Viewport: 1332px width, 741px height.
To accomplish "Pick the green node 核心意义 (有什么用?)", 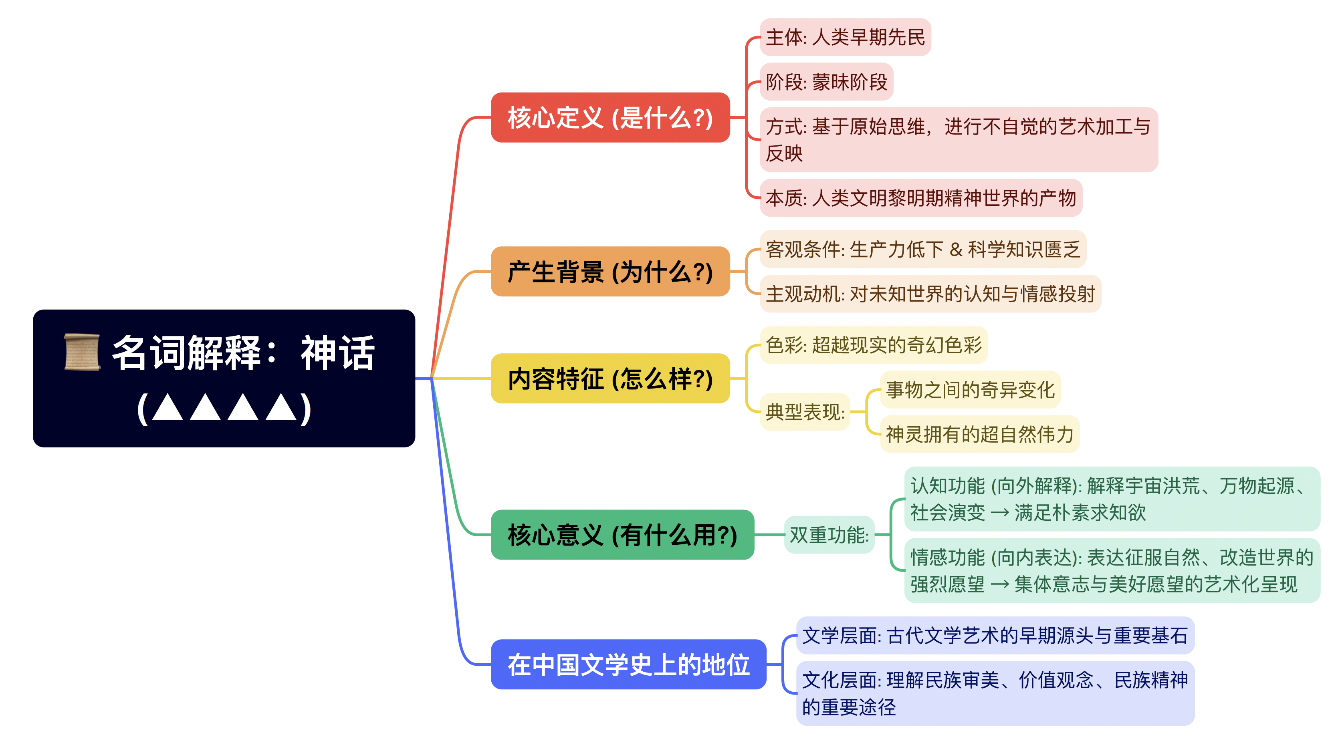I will pyautogui.click(x=622, y=534).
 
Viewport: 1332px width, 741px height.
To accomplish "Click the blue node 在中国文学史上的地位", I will pyautogui.click(x=628, y=664).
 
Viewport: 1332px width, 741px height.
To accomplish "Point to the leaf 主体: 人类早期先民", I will pyautogui.click(x=845, y=37).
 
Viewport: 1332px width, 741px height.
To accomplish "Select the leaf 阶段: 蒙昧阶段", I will pyautogui.click(x=826, y=82).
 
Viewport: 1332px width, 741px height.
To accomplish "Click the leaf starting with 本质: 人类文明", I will pyautogui.click(x=920, y=197).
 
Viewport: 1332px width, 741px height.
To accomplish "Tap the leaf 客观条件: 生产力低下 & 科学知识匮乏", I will pyautogui.click(x=922, y=249).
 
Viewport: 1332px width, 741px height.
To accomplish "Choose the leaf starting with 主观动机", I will pyautogui.click(x=930, y=294).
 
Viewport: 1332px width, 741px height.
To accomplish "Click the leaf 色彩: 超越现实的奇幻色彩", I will pyautogui.click(x=873, y=344).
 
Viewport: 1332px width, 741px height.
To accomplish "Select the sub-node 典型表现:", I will pyautogui.click(x=805, y=412).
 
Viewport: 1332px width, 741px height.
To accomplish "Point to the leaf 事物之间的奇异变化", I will pyautogui.click(x=970, y=390).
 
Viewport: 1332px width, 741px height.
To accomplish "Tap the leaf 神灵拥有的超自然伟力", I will pyautogui.click(x=979, y=434).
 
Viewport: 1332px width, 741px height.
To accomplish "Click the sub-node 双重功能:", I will pyautogui.click(x=829, y=535).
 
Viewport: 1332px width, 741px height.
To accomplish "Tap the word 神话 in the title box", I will pyautogui.click(x=338, y=353).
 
